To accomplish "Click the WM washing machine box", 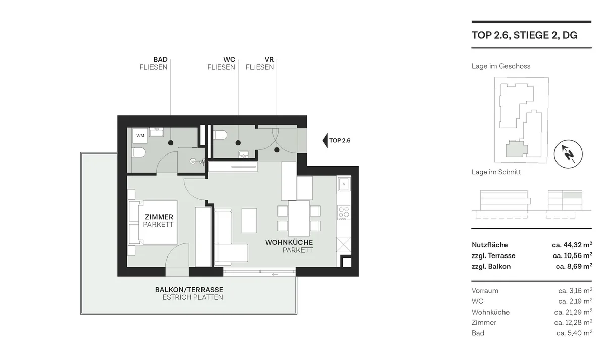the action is tap(140, 136).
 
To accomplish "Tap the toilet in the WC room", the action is tap(220, 135).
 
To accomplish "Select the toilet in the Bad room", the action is tap(139, 152).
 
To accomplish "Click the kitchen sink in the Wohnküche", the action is tap(344, 184).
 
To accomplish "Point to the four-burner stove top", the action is tap(344, 213).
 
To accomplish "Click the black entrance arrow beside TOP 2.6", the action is tap(325, 140).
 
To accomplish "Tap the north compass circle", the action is tap(568, 154).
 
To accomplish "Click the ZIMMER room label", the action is tap(159, 217).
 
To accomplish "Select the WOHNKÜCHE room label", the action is tap(289, 242).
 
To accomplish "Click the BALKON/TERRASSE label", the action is tap(189, 290).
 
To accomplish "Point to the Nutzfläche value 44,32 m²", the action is tap(572, 245).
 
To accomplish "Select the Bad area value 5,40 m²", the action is tap(574, 333).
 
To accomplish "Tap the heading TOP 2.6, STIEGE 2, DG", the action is tap(524, 35).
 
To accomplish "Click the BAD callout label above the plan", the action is tap(160, 59).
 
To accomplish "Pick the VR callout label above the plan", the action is tap(269, 59).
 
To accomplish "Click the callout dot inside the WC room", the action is tap(238, 143).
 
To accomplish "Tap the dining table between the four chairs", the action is tap(299, 218).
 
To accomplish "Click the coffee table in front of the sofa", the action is tap(249, 220).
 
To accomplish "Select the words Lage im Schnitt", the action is tap(496, 172).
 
